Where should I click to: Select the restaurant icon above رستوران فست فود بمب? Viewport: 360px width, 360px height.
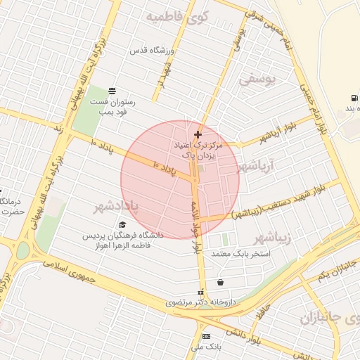click(x=112, y=90)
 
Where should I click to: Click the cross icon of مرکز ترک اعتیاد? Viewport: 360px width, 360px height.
click(x=197, y=134)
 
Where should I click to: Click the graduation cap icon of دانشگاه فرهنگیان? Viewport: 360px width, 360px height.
click(x=124, y=225)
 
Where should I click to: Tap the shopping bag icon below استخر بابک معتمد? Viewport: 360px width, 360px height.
click(x=221, y=282)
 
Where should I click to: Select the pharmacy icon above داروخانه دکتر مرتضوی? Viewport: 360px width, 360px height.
click(x=200, y=292)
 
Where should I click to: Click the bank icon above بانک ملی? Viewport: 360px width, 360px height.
click(x=206, y=336)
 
